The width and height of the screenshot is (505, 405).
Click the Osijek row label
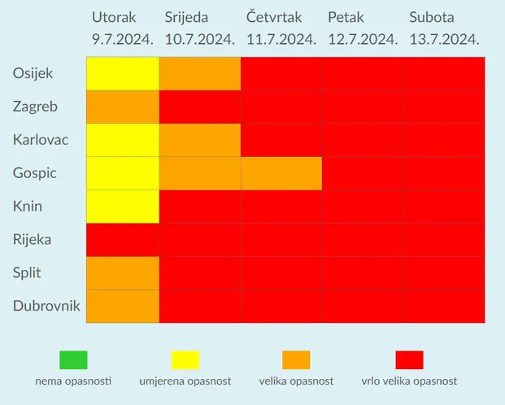(33, 73)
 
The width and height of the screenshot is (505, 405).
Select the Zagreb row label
(35, 106)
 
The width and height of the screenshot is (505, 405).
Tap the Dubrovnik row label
(46, 306)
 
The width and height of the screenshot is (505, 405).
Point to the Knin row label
(27, 206)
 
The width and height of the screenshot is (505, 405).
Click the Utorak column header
(114, 17)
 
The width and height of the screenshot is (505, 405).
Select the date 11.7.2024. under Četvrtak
(281, 39)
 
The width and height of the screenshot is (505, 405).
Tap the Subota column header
(432, 17)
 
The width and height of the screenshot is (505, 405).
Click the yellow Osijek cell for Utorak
(123, 73)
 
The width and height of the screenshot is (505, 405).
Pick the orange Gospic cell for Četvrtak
(281, 173)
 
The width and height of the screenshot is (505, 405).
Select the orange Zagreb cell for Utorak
(123, 107)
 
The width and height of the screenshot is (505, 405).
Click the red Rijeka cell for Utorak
(123, 240)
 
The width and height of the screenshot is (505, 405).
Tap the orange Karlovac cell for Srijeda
(200, 140)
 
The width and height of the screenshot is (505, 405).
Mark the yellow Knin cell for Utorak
(123, 207)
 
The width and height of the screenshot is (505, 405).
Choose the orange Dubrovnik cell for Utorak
(123, 306)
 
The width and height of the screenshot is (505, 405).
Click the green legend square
(73, 360)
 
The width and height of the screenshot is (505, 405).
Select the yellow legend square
(186, 360)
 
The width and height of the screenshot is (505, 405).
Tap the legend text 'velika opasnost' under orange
(296, 381)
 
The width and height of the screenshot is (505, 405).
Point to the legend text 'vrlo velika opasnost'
(409, 381)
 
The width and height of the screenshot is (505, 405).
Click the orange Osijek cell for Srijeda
(200, 73)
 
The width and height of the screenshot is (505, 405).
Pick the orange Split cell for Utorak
(123, 273)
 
